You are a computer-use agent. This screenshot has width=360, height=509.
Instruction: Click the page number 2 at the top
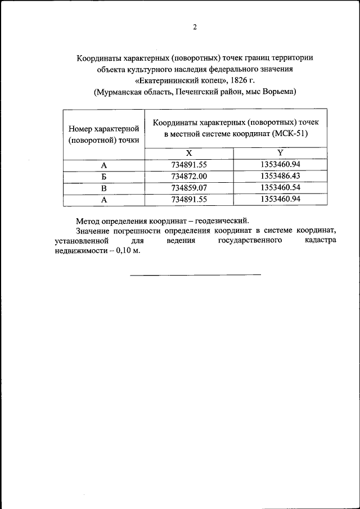coord(195,27)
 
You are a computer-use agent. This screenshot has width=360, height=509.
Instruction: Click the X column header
coord(189,153)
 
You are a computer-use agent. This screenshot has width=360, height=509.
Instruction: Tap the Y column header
coord(280,153)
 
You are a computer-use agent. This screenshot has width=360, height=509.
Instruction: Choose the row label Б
coord(103,177)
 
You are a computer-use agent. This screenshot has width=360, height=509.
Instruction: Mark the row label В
coord(103,188)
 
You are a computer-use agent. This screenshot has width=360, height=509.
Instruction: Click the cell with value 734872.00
coord(189,177)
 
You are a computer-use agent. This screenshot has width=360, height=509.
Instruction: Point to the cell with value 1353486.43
coord(280,177)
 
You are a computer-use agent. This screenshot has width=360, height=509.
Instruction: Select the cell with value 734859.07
coord(189,188)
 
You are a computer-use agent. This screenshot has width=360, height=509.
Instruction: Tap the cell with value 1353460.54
coord(280,188)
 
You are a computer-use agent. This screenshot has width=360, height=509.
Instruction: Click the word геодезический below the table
coord(217,221)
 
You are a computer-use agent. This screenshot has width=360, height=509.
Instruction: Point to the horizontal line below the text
coord(195,274)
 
